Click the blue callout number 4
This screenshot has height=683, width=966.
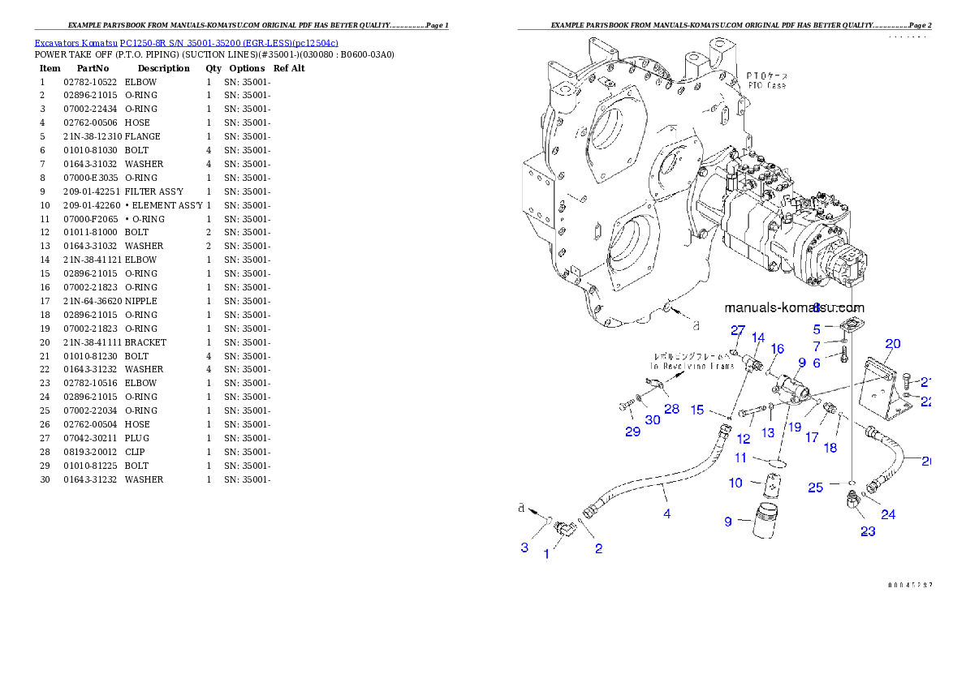tap(666, 513)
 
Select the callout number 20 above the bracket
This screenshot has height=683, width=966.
tap(892, 344)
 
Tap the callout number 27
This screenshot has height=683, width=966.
tap(737, 330)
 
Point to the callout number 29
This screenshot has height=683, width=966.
tap(632, 432)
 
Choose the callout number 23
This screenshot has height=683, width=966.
tap(868, 531)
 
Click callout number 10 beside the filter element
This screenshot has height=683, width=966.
tap(735, 483)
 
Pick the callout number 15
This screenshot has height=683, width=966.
tap(697, 410)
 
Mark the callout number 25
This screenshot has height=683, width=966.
tap(815, 487)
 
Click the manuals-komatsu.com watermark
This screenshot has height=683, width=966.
tap(793, 307)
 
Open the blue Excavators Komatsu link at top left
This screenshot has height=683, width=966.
tap(186, 42)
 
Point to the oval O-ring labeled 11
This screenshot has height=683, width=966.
tap(777, 462)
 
